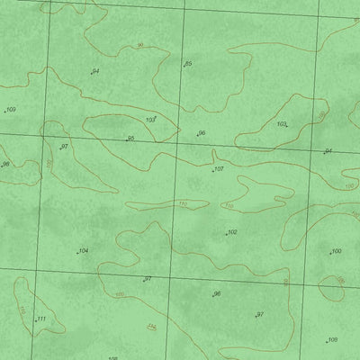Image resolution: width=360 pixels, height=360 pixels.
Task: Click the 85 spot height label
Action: tap(188, 64)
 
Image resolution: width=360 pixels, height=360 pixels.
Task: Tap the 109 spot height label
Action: tap(11, 110)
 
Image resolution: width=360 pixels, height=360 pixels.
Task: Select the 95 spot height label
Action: tap(130, 138)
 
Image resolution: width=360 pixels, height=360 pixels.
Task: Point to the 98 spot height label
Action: tap(5, 164)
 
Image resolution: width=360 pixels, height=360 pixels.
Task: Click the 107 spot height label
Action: tap(219, 168)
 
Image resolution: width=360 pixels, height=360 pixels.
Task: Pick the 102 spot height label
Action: tap(232, 232)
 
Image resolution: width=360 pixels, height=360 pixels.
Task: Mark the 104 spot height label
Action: tap(84, 250)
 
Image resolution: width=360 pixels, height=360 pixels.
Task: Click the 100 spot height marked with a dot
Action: tap(336, 251)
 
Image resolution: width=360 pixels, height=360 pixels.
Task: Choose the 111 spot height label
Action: tap(40, 319)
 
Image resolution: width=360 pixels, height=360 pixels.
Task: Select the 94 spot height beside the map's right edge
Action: tap(328, 151)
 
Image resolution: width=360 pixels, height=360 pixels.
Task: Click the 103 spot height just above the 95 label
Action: tap(150, 119)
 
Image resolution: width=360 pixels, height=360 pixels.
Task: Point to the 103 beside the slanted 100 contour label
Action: tap(282, 124)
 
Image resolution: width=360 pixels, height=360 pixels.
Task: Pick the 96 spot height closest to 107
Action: tap(202, 133)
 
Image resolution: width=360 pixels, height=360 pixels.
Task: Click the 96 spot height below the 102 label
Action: tap(217, 293)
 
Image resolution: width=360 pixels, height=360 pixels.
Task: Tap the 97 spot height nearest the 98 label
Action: tap(64, 146)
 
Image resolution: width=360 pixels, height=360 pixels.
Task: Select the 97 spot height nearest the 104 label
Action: tap(148, 279)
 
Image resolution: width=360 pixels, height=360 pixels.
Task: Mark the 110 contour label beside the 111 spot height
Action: tap(22, 310)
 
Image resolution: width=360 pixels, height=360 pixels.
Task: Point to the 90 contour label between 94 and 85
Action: tap(140, 44)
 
